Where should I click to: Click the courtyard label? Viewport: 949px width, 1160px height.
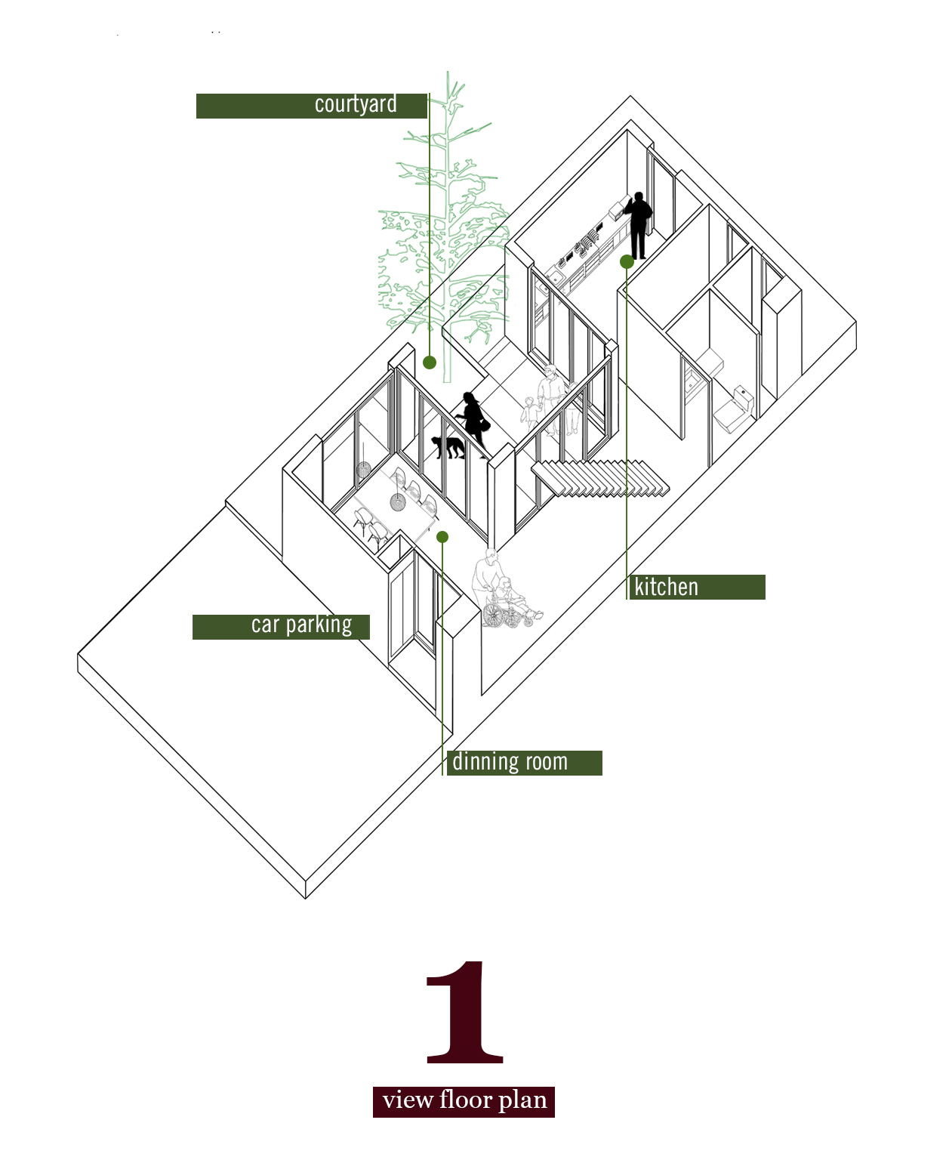tap(312, 106)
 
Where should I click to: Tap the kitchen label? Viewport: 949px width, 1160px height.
tap(696, 587)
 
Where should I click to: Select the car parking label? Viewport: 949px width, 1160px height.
tap(281, 627)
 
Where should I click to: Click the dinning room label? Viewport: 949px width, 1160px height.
tap(523, 763)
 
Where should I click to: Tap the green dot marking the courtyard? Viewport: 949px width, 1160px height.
tap(430, 362)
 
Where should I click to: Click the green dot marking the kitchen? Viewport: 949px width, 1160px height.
tap(627, 262)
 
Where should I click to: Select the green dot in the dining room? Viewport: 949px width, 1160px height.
tap(442, 537)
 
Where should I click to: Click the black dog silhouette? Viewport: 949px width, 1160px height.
tap(449, 446)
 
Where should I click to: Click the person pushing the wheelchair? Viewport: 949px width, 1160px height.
tap(485, 578)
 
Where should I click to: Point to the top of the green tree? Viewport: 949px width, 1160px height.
tap(448, 72)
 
